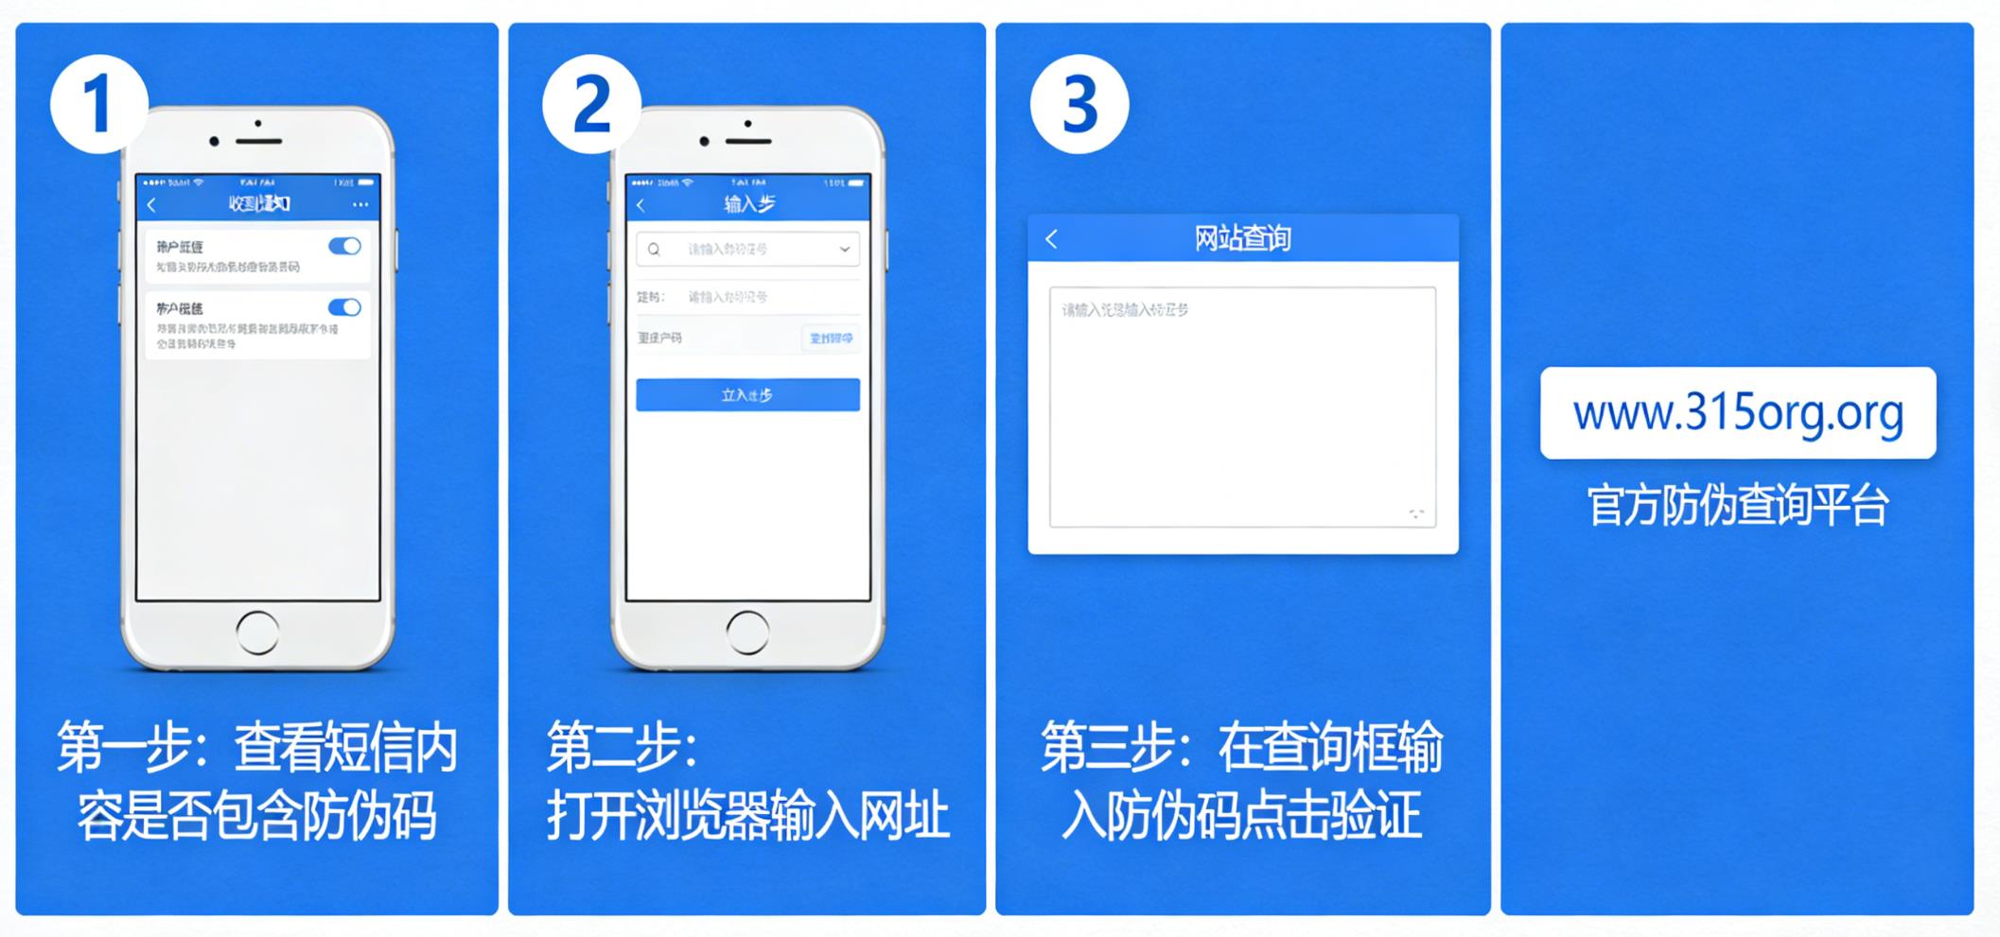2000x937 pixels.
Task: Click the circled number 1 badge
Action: pyautogui.click(x=98, y=103)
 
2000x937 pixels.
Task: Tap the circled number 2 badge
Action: pyautogui.click(x=591, y=103)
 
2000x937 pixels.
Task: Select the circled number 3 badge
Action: pyautogui.click(x=1079, y=103)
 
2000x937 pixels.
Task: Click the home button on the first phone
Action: pyautogui.click(x=257, y=632)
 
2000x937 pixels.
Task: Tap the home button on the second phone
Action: pyautogui.click(x=747, y=632)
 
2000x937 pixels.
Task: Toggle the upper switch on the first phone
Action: pyautogui.click(x=344, y=246)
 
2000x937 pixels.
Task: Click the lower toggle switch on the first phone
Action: pyautogui.click(x=344, y=307)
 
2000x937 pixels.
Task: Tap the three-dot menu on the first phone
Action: pyautogui.click(x=360, y=204)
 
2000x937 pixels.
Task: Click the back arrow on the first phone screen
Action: pyautogui.click(x=151, y=204)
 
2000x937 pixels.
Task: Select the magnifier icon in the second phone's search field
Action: pyautogui.click(x=654, y=250)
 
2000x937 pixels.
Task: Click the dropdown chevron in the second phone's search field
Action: pyautogui.click(x=844, y=250)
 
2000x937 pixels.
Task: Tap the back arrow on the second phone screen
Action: pyautogui.click(x=640, y=204)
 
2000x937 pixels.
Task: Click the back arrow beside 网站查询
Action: pyautogui.click(x=1051, y=238)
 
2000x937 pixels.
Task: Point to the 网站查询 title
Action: pyautogui.click(x=1242, y=238)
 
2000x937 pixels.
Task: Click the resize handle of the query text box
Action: pyautogui.click(x=1416, y=513)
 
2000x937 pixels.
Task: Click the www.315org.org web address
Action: pyautogui.click(x=1738, y=413)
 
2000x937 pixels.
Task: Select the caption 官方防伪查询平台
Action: pyautogui.click(x=1738, y=505)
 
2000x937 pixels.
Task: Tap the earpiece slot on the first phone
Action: pyautogui.click(x=259, y=141)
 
